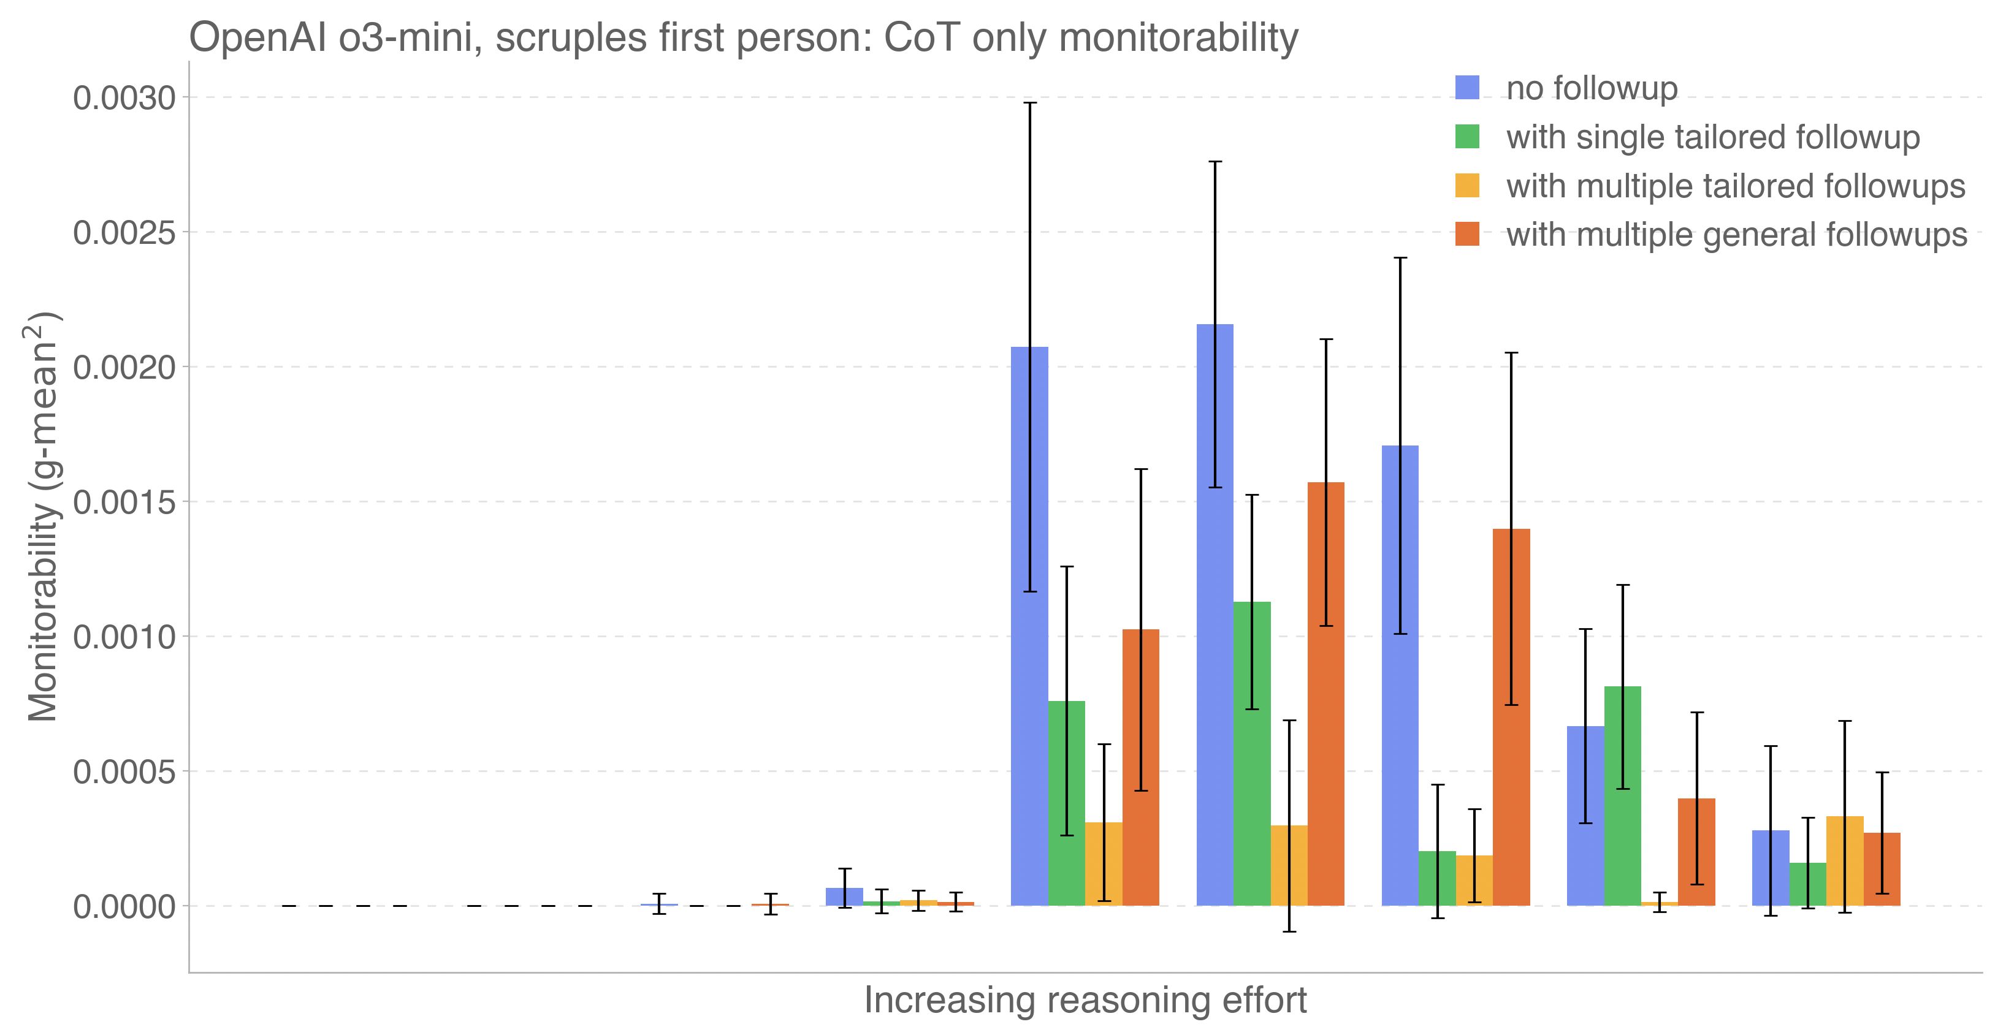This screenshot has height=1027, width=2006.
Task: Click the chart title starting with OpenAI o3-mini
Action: click(x=743, y=37)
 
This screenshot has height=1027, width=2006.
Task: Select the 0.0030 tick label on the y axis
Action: click(x=124, y=98)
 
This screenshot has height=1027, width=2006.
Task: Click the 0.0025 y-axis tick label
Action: click(x=124, y=233)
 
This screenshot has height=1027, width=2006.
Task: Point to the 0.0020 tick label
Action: click(x=124, y=368)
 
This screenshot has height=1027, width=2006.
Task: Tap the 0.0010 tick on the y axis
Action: click(x=124, y=637)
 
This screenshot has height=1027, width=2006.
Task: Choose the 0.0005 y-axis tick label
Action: click(x=124, y=772)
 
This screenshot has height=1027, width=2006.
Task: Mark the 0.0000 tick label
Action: click(x=124, y=907)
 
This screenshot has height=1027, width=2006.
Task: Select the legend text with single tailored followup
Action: click(x=1712, y=137)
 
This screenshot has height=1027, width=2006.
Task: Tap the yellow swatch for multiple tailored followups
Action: click(x=1467, y=186)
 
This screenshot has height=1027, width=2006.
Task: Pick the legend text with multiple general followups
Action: click(x=1736, y=234)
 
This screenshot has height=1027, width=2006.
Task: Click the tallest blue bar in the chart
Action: click(x=1215, y=615)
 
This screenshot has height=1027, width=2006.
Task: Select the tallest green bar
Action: click(x=1252, y=754)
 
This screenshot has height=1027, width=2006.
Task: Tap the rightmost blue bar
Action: click(x=1770, y=868)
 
